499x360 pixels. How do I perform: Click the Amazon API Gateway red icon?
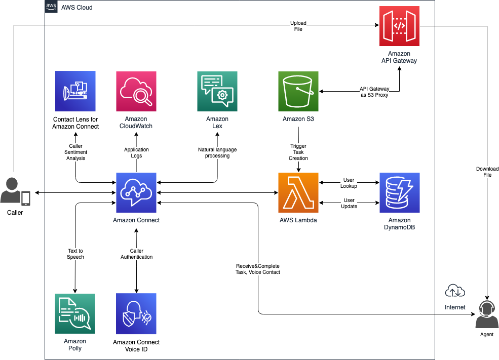[399, 26]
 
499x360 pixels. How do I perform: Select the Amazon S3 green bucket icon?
[298, 91]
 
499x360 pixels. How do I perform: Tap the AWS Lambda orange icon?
[298, 192]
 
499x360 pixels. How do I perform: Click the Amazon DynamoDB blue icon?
[399, 192]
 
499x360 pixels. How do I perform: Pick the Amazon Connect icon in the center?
[136, 192]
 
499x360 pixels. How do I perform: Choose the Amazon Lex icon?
[217, 91]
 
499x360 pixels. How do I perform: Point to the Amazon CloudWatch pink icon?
[136, 91]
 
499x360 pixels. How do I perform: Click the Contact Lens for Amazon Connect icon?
[75, 91]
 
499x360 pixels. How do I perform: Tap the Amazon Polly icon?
[75, 313]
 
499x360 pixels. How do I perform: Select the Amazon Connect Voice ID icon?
[136, 313]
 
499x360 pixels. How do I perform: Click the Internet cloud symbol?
[455, 291]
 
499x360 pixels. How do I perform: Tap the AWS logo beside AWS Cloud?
[51, 7]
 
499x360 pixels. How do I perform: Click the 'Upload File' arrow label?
[298, 26]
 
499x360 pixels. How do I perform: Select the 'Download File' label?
[487, 172]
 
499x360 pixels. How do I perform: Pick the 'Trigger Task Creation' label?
[298, 152]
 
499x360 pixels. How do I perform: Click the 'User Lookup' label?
[349, 183]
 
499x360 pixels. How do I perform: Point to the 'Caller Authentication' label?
[136, 254]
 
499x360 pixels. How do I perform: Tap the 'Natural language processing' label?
[217, 152]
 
